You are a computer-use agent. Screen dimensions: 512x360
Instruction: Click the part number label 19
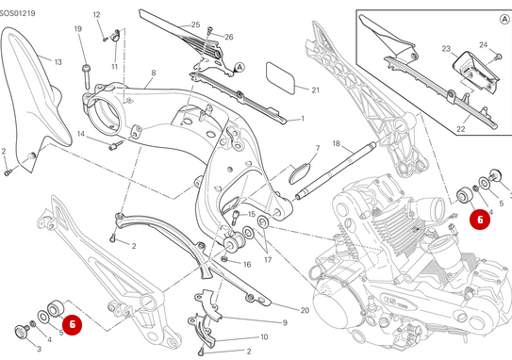click(77, 28)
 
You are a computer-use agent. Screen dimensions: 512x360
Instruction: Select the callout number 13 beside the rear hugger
click(58, 62)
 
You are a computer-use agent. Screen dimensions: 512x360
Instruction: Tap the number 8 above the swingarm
click(154, 73)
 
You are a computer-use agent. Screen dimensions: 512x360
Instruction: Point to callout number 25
click(195, 25)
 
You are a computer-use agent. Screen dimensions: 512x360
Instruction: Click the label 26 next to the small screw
click(229, 37)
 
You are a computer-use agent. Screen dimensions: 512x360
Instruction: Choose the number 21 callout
click(316, 90)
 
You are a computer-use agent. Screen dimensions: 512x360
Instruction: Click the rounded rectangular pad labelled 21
click(280, 77)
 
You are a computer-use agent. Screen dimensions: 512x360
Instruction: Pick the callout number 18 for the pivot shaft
click(337, 143)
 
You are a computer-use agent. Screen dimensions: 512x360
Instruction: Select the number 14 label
click(81, 134)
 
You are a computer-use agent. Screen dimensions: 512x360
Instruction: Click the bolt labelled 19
click(87, 77)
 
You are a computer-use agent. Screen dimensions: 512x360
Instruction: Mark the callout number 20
click(305, 310)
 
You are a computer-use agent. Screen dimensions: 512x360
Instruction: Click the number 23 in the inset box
click(446, 49)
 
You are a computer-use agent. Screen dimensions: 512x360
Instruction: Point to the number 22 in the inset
click(461, 129)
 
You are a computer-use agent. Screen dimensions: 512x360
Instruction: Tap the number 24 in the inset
click(484, 44)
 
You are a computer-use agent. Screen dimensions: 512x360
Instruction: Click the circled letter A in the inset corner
click(504, 19)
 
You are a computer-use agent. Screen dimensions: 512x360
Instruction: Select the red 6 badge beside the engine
click(480, 220)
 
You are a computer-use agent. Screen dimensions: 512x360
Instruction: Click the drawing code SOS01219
click(17, 14)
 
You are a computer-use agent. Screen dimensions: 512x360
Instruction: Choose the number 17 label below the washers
click(268, 260)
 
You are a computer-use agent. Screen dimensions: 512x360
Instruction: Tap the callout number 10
click(264, 336)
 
